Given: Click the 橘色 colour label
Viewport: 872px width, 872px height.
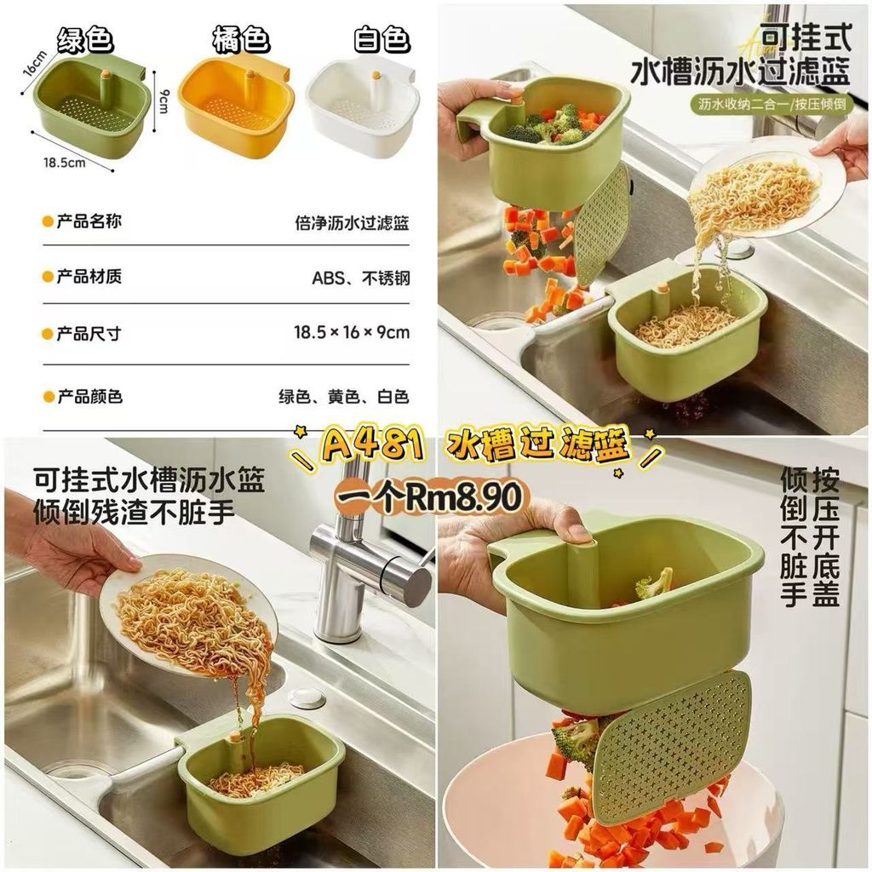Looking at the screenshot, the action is [241, 39].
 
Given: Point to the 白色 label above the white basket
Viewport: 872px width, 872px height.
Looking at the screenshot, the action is [381, 39].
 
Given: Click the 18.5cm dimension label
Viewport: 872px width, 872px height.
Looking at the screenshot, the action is [65, 163].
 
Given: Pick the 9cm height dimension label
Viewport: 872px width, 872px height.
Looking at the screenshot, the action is [163, 100].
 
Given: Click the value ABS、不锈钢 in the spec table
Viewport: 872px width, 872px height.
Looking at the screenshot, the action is [360, 278].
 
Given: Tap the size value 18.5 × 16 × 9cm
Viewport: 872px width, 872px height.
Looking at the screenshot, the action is [352, 333].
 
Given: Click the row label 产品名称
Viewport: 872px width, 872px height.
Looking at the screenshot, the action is [89, 221].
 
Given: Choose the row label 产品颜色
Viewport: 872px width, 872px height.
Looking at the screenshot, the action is [89, 397].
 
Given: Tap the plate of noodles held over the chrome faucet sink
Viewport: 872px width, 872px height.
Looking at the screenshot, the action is [190, 617].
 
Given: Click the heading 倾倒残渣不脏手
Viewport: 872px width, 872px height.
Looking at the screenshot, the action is [134, 512].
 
